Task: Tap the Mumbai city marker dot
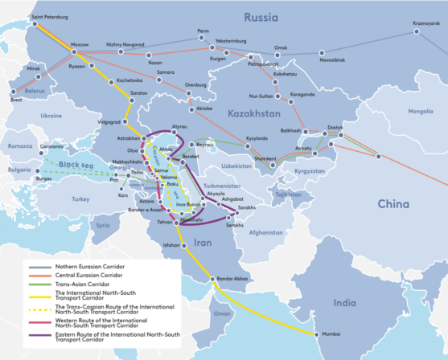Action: [x=316, y=333]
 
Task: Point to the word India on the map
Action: [x=344, y=303]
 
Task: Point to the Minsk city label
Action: [x=33, y=67]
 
